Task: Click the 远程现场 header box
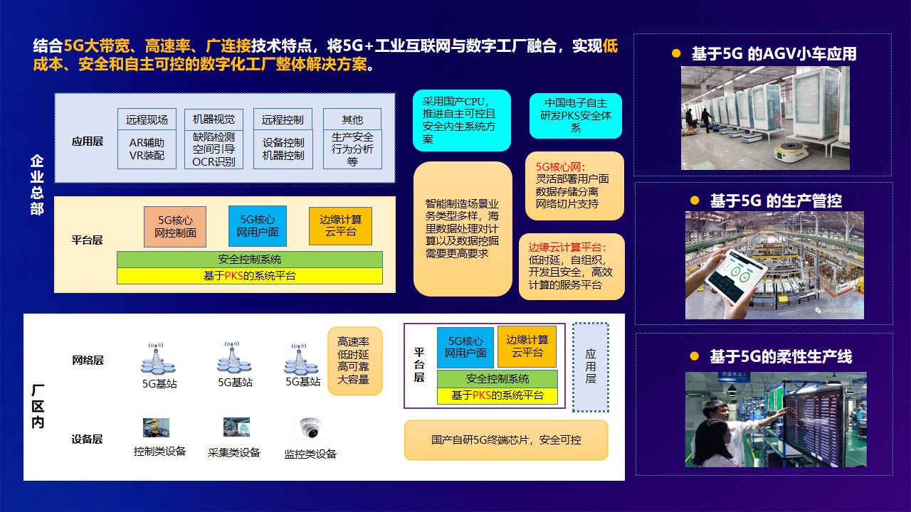point(147,119)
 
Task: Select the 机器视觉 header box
point(214,119)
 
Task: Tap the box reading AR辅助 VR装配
point(147,149)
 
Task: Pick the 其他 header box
point(352,119)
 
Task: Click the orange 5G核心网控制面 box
point(175,226)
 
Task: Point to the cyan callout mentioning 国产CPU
point(462,120)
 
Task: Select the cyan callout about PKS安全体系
point(576,116)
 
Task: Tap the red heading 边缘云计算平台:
point(567,247)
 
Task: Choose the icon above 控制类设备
point(156,427)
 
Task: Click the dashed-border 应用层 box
point(591,367)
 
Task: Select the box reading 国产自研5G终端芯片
point(506,440)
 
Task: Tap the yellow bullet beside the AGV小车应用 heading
point(676,53)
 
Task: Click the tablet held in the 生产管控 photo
point(732,277)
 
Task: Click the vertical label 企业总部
point(37,184)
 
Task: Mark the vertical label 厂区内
point(38,406)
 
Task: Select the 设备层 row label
point(87,439)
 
